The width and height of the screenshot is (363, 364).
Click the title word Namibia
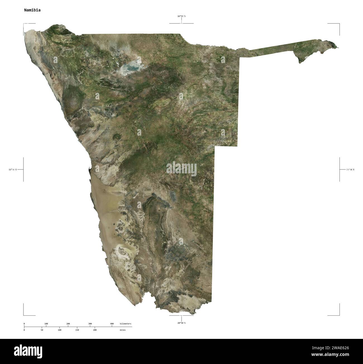click(x=32, y=10)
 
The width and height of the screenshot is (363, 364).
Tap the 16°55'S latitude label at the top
click(x=181, y=16)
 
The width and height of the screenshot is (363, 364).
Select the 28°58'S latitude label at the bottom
click(x=181, y=323)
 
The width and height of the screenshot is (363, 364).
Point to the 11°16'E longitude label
click(x=13, y=169)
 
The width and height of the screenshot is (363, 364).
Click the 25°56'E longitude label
click(x=350, y=169)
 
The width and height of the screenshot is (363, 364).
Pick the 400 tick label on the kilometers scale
click(x=112, y=324)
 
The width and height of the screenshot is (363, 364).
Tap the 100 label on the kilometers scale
click(x=46, y=324)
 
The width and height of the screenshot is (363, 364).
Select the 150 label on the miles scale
click(x=77, y=330)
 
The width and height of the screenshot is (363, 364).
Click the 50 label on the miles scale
click(x=42, y=330)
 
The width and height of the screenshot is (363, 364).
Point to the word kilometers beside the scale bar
click(x=125, y=324)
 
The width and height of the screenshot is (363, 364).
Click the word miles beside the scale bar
click(x=123, y=330)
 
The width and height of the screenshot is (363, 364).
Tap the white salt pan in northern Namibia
click(x=130, y=67)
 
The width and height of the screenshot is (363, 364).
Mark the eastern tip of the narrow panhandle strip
click(x=337, y=47)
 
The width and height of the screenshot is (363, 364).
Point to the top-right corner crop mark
click(x=339, y=24)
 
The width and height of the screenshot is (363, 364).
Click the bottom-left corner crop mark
click(x=24, y=315)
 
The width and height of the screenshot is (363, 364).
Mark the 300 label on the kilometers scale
click(x=90, y=324)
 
